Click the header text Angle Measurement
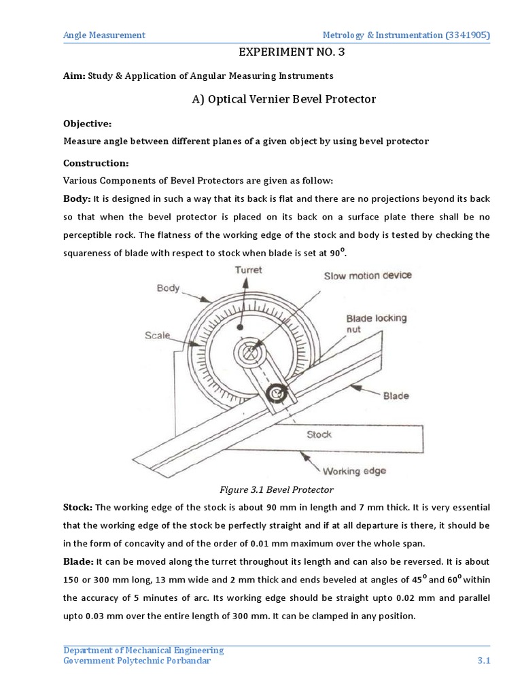click(x=104, y=35)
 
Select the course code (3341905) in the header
click(x=468, y=35)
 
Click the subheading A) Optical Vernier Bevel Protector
click(x=283, y=99)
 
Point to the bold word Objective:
click(x=88, y=124)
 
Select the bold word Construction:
click(x=95, y=164)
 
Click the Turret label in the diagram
click(x=249, y=271)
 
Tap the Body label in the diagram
click(x=168, y=288)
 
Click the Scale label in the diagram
click(x=157, y=335)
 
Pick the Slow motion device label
click(x=367, y=275)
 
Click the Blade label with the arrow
click(x=396, y=396)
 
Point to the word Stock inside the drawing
click(x=319, y=434)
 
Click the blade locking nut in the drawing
click(x=277, y=393)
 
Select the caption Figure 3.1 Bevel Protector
click(x=277, y=489)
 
